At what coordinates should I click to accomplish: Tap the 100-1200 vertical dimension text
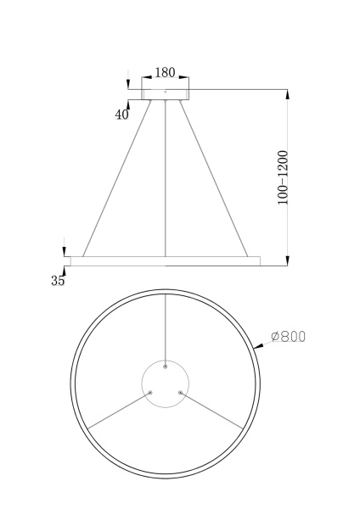(284, 177)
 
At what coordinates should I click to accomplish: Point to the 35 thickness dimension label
(58, 282)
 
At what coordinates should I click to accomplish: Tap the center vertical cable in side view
(166, 178)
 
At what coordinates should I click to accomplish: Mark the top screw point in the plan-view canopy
(166, 366)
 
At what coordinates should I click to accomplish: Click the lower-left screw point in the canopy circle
(150, 392)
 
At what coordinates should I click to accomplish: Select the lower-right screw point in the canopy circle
(181, 392)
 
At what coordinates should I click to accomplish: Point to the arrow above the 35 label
(64, 252)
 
